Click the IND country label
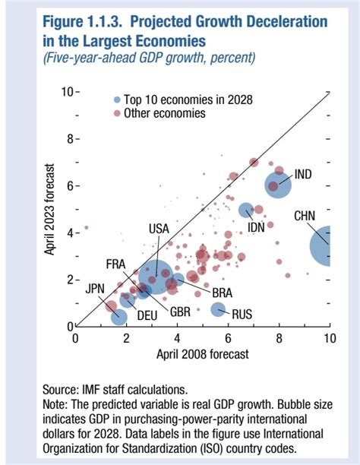click(302, 175)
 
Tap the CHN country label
click(305, 217)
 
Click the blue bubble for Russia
click(218, 309)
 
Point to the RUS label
click(242, 312)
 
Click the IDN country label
click(256, 226)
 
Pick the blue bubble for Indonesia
click(246, 210)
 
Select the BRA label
click(222, 292)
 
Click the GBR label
click(180, 312)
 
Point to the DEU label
click(147, 315)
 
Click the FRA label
click(115, 264)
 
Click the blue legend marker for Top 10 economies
click(115, 99)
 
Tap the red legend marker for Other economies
click(115, 112)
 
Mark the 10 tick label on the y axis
click(66, 92)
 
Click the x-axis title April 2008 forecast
click(203, 353)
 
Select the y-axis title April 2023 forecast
click(49, 209)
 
